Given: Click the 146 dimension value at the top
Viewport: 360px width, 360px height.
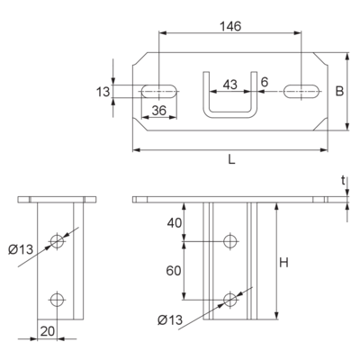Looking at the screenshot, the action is [230, 26].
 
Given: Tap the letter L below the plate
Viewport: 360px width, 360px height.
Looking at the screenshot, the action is [231, 160].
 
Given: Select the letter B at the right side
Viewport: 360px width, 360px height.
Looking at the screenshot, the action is [339, 91].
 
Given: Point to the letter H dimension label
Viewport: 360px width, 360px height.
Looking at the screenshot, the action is [283, 263].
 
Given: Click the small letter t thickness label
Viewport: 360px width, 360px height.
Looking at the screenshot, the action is [343, 181].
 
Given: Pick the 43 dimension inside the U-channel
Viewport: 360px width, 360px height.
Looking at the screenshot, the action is [230, 85].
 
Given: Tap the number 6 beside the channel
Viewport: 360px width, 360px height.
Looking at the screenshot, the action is [265, 82].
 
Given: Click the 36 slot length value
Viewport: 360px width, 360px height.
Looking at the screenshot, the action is [158, 111].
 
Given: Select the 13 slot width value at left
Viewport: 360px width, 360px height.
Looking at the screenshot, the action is [103, 92].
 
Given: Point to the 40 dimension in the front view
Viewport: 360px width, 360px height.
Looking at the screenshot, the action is [175, 223].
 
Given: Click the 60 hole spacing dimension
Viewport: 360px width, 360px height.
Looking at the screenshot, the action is [174, 271].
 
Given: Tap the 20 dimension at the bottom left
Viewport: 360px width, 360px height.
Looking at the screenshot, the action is [48, 331].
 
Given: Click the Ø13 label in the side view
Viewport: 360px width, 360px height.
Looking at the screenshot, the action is [21, 249].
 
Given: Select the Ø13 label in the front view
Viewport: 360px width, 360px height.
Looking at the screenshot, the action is [170, 320].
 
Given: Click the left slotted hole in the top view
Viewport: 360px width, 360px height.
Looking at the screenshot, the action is [159, 91].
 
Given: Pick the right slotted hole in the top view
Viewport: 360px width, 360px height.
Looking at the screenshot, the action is [301, 91].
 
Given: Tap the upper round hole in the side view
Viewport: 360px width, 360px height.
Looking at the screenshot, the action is [57, 240].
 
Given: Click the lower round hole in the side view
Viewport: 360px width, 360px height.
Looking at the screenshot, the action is [57, 299].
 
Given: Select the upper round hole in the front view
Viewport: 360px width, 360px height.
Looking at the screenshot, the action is [230, 240].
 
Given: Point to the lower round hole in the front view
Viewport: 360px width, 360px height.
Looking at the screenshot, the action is [230, 299].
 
